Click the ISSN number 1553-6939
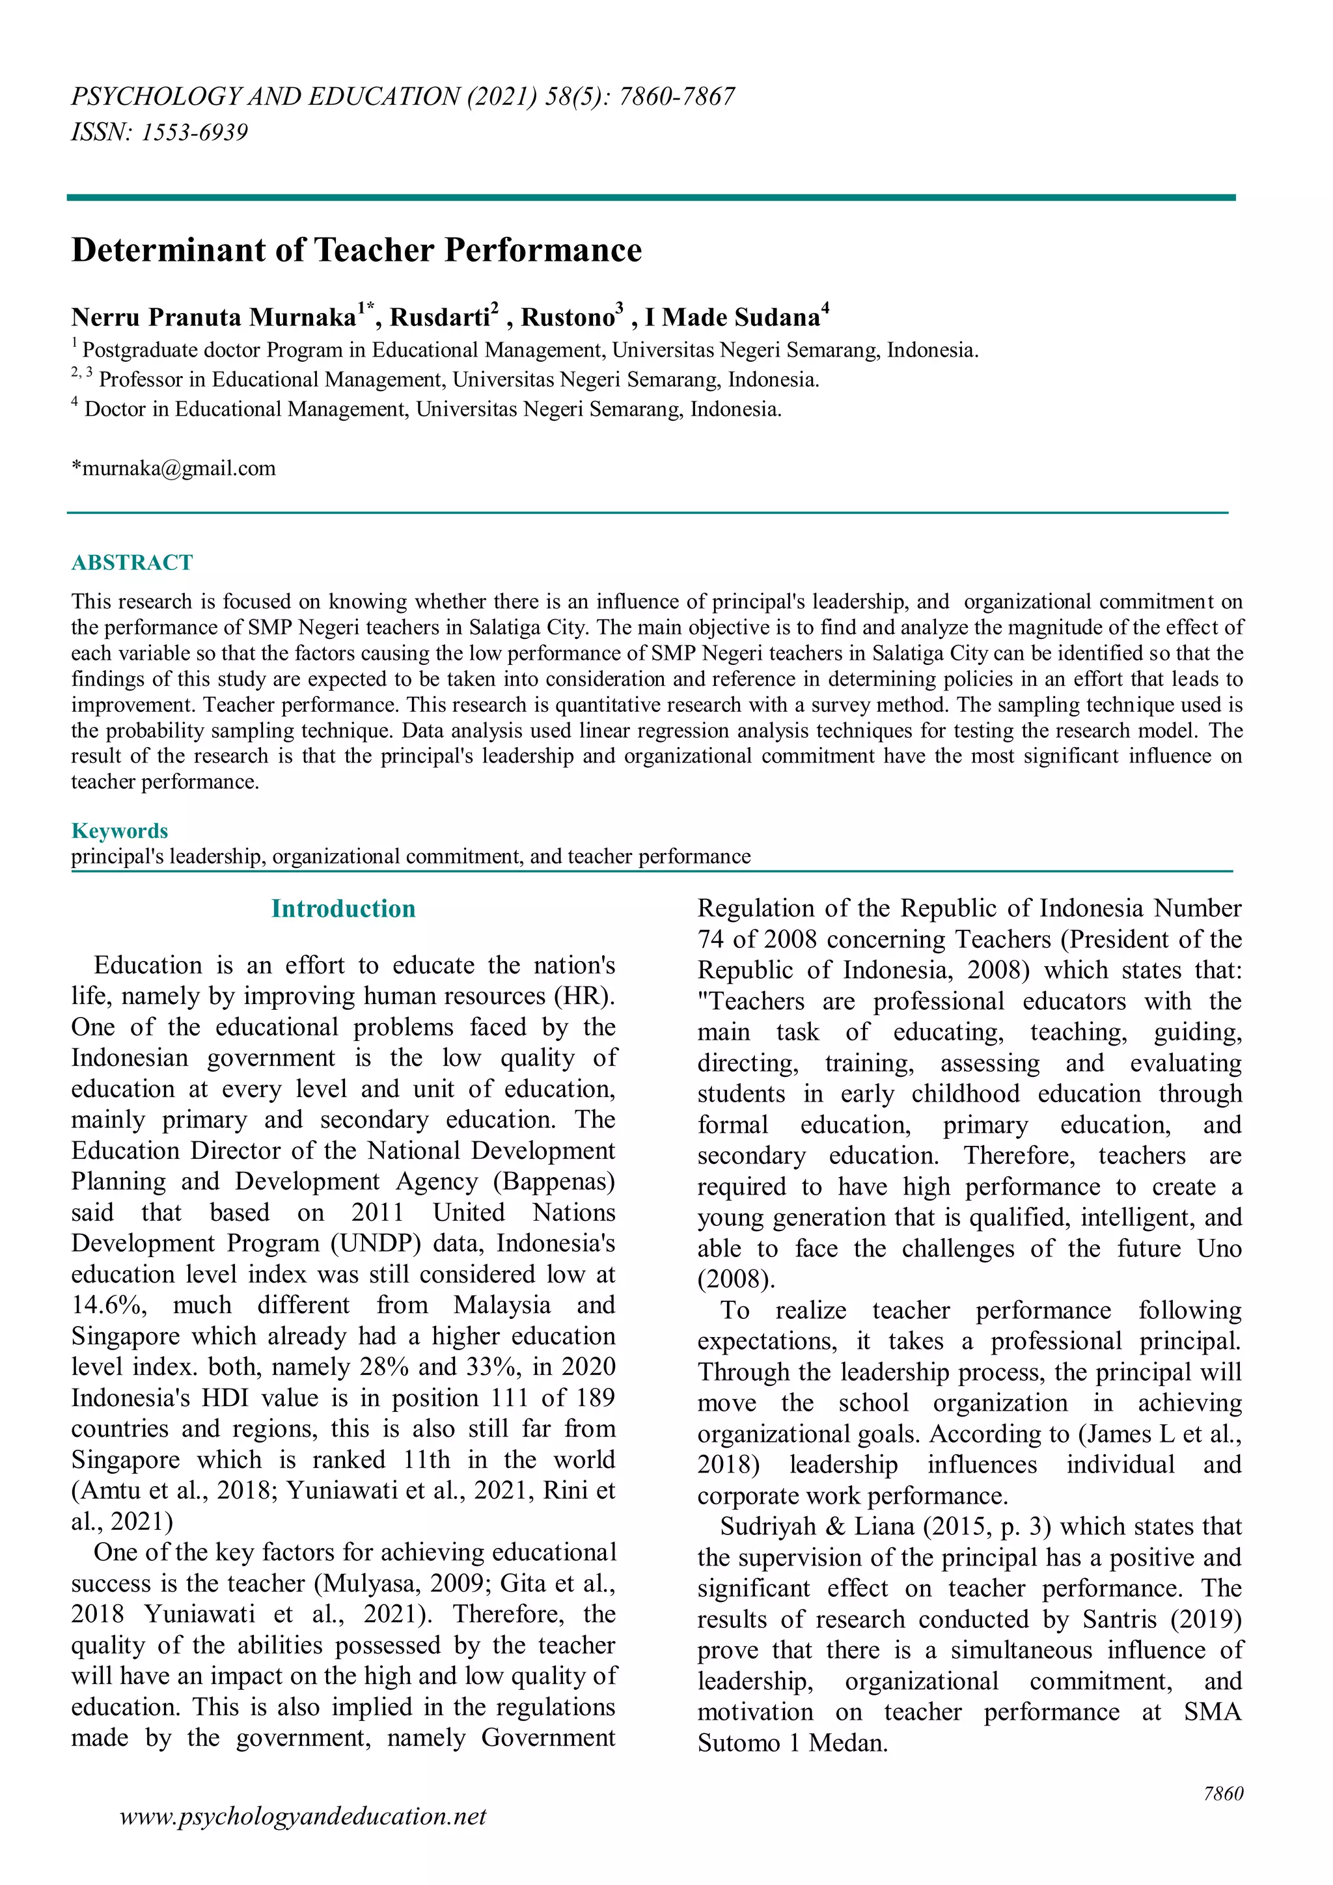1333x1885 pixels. click(x=194, y=132)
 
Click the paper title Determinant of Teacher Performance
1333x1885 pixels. click(x=357, y=250)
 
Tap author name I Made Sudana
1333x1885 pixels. click(x=733, y=318)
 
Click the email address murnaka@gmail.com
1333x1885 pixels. click(x=178, y=468)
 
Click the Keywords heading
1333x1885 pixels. click(x=120, y=831)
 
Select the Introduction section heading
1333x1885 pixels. click(x=343, y=909)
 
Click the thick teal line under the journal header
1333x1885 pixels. click(x=650, y=197)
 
